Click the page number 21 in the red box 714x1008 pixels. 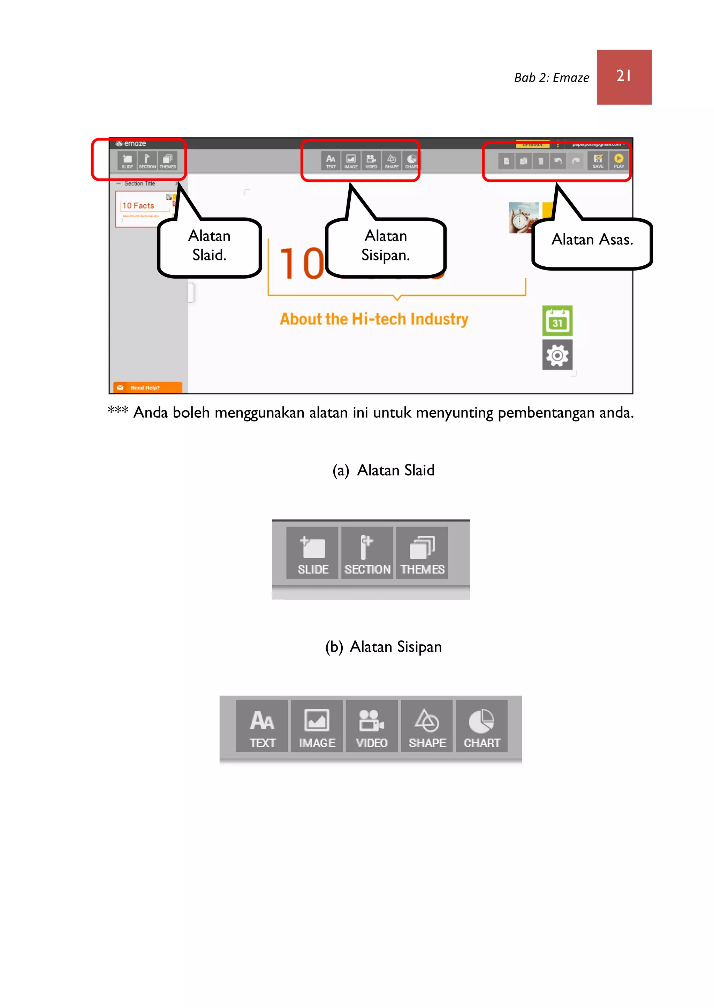tap(624, 76)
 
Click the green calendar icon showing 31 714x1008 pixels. tap(557, 321)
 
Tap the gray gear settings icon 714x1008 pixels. tap(557, 355)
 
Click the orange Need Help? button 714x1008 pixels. tap(147, 387)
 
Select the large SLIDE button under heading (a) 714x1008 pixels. tap(313, 553)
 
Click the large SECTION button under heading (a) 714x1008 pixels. tap(367, 553)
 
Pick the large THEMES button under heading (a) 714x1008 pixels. tap(422, 553)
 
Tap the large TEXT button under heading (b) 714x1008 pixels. tap(262, 726)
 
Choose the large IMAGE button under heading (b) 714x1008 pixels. tap(317, 726)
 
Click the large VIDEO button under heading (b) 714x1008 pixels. tap(372, 726)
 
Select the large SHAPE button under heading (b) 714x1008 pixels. tap(427, 726)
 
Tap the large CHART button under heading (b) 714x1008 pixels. tap(482, 726)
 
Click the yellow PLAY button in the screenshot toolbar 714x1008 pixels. tap(618, 160)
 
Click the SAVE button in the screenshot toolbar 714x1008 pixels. tap(598, 160)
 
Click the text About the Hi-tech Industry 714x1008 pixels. tap(374, 319)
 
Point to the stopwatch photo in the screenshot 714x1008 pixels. tap(523, 217)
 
